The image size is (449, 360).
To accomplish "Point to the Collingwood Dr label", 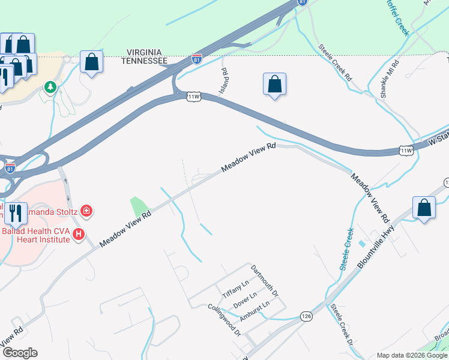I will pos(224,319).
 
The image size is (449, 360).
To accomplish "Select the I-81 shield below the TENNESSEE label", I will pos(196,59).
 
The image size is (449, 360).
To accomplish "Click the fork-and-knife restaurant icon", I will pos(16,213).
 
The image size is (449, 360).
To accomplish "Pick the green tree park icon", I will pos(50,88).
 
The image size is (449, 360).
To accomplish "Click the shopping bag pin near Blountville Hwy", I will pos(424,208).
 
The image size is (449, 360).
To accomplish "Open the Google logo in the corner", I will pos(19,353).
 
